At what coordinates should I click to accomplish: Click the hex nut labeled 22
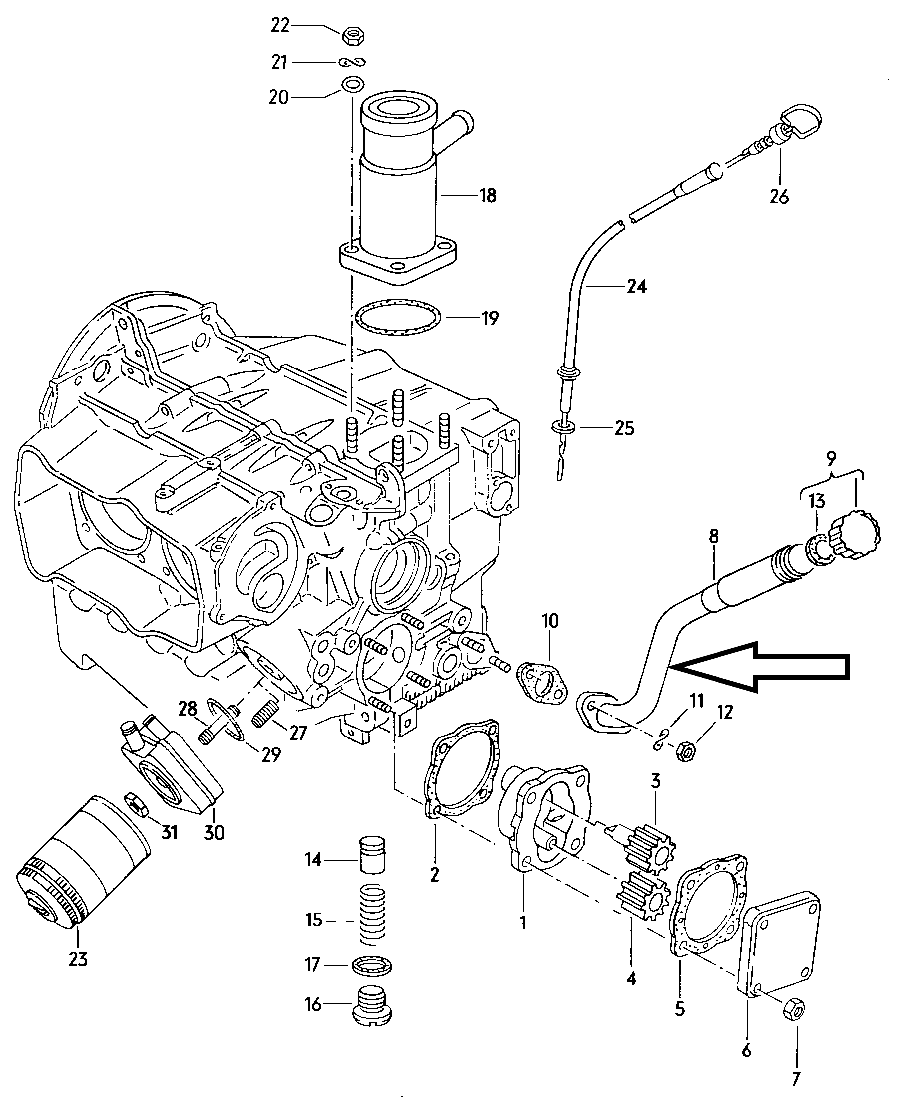tap(354, 36)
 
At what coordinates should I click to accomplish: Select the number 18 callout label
tap(488, 196)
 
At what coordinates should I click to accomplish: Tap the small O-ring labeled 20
tap(352, 84)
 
